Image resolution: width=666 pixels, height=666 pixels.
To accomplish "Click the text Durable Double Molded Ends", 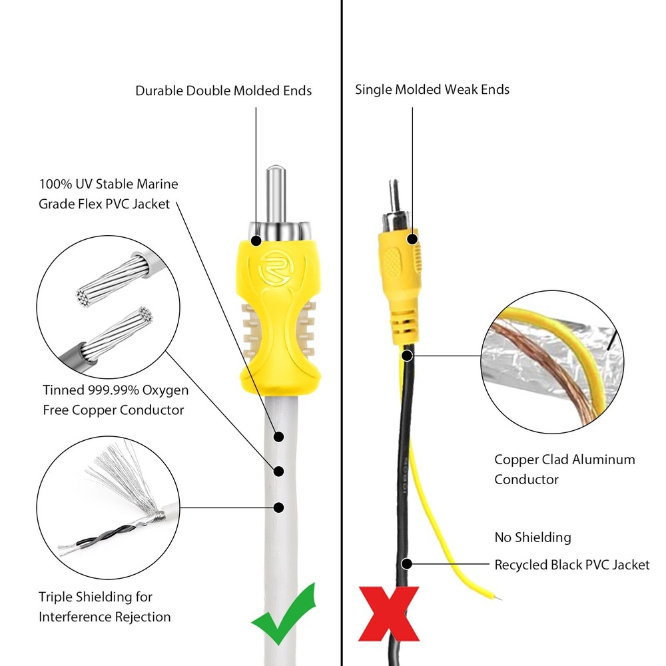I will coord(223,91).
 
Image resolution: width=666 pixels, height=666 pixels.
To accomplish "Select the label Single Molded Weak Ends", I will coord(432,89).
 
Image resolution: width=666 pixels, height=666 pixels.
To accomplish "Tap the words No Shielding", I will coord(532,537).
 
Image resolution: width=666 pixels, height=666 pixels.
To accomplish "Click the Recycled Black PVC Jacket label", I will coord(571,565).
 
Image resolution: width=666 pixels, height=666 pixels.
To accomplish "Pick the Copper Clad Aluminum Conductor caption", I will coord(564,469).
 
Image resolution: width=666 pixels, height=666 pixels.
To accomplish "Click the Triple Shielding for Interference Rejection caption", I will coord(105,607).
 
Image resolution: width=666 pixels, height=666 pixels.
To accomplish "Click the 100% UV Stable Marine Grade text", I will coord(108,193).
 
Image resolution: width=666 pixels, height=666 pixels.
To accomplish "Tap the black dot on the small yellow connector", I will coord(413,238).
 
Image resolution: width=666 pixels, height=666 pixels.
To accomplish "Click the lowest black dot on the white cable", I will coord(279,507).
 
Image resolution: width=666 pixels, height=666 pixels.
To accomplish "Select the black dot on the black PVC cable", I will coord(406,563).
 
